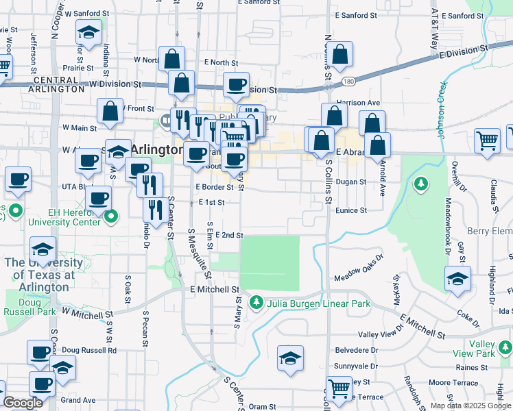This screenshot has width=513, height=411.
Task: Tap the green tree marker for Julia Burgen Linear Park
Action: pyautogui.click(x=256, y=301)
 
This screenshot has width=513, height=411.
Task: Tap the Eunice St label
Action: pyautogui.click(x=351, y=211)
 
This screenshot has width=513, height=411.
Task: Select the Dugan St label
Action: pyautogui.click(x=352, y=182)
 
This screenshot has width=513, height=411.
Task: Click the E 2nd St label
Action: pyautogui.click(x=229, y=235)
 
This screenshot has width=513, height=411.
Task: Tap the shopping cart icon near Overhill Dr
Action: pyautogui.click(x=487, y=140)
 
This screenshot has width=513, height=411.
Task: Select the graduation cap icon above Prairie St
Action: pyautogui.click(x=88, y=33)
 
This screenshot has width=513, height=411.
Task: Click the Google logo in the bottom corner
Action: pyautogui.click(x=23, y=403)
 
